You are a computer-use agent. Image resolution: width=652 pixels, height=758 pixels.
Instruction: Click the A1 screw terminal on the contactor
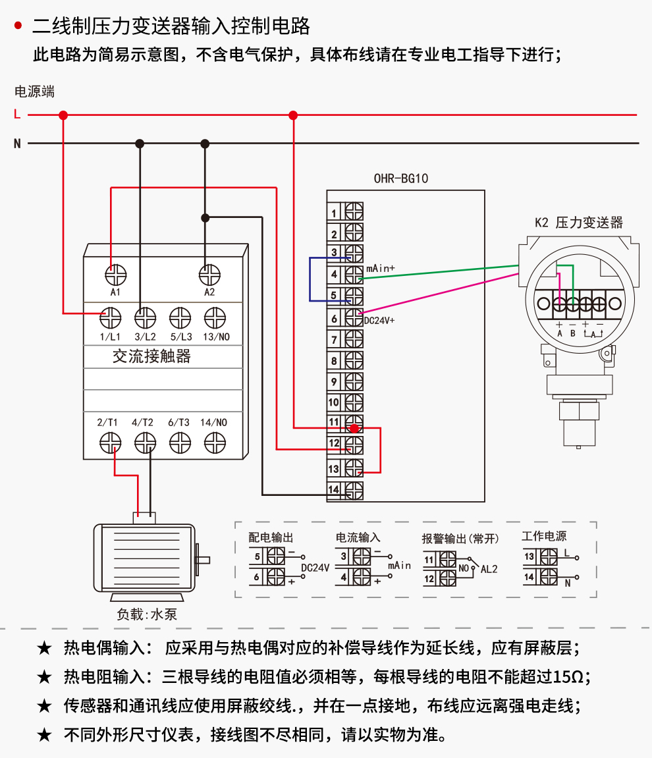pos(117,274)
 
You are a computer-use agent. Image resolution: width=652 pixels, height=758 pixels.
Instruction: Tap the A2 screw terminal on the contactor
pos(209,274)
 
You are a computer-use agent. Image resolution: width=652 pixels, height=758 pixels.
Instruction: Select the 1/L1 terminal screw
pos(110,319)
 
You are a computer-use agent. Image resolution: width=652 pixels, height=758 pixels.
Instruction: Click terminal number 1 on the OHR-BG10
pos(354,212)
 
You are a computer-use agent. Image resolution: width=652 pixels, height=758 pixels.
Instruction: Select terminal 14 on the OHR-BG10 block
pos(354,489)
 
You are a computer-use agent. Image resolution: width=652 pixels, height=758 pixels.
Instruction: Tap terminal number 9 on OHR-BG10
pos(354,381)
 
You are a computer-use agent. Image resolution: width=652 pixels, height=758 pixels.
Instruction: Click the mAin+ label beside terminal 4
pos(380,269)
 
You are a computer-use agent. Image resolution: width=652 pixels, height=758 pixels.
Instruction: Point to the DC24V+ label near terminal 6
pos(379,321)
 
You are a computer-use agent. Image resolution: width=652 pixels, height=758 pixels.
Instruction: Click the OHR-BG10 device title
pos(401,178)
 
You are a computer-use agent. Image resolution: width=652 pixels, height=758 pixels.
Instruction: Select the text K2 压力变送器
pos(578,223)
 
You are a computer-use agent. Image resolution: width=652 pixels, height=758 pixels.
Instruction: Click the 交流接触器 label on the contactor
pos(151,356)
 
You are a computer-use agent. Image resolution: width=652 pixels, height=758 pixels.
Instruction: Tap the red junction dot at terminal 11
pos(354,428)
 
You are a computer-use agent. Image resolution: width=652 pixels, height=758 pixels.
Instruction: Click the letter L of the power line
pos(17,115)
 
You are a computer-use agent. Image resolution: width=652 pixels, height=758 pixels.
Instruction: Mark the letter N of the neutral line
pos(17,143)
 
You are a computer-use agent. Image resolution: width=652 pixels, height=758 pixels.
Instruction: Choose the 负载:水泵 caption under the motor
pos(147,614)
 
